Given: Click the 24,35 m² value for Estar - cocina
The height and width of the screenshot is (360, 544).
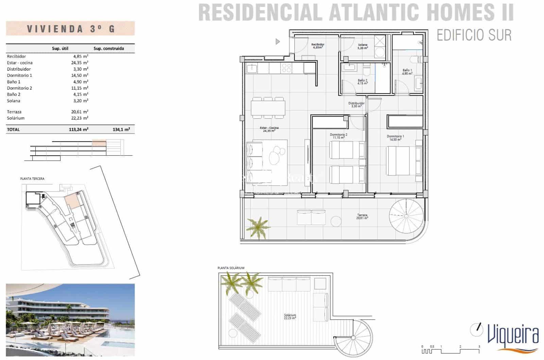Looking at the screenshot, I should [81, 63].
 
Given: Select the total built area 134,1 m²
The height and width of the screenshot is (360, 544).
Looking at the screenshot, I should [121, 130].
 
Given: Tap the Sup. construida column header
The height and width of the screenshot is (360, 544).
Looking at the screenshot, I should [109, 49].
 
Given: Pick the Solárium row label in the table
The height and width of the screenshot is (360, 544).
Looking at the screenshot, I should [16, 118].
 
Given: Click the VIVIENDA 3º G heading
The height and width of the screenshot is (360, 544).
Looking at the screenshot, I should [70, 29].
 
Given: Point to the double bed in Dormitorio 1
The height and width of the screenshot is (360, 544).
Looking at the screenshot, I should [403, 160].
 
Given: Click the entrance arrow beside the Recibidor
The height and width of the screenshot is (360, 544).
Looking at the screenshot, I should [278, 41].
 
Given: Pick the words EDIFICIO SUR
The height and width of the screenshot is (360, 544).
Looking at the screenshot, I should [474, 35].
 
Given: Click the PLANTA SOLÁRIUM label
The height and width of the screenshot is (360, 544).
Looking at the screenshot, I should [231, 268].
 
